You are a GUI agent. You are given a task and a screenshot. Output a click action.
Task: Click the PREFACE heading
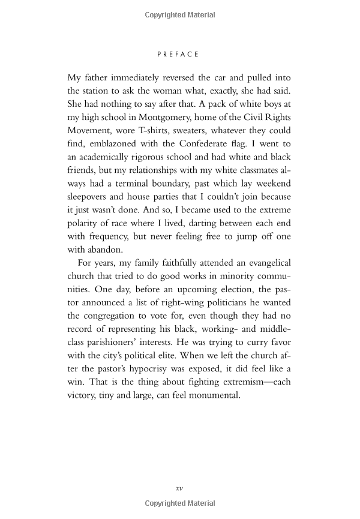point(178,54)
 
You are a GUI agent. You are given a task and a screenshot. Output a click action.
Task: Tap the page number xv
point(179,488)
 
